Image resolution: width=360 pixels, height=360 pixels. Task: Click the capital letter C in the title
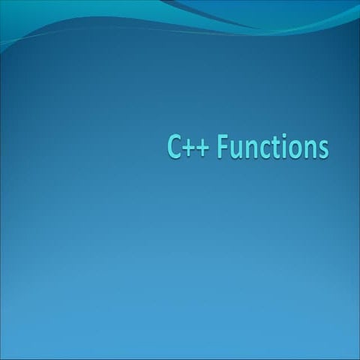(x=174, y=148)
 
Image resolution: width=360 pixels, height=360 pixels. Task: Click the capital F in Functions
(x=223, y=148)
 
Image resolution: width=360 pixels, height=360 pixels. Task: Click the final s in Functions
(x=322, y=150)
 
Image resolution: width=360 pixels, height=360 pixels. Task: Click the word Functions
(x=272, y=148)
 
